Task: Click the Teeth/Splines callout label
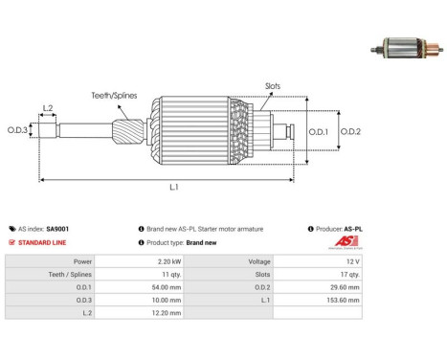point(114,96)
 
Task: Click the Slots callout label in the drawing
point(273,86)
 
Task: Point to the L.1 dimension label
point(174,187)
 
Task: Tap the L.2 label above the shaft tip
point(48,108)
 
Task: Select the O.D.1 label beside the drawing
point(318,132)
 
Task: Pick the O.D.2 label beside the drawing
point(350,131)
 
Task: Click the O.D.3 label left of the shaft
point(17,130)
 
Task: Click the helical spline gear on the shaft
point(128,131)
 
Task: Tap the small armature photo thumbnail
point(407,49)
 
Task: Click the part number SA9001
point(57,229)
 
